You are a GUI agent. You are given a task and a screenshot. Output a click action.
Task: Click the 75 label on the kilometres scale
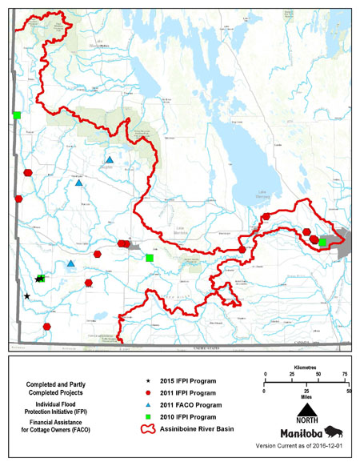pyautogui.click(x=344, y=375)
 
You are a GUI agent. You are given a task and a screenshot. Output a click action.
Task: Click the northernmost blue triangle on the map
pyautogui.click(x=110, y=160)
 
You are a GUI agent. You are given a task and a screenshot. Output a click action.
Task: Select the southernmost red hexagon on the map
pyautogui.click(x=47, y=327)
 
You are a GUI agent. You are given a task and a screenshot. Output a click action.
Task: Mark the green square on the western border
pyautogui.click(x=16, y=116)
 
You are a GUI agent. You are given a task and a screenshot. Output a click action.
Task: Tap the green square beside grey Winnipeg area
pyautogui.click(x=322, y=242)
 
